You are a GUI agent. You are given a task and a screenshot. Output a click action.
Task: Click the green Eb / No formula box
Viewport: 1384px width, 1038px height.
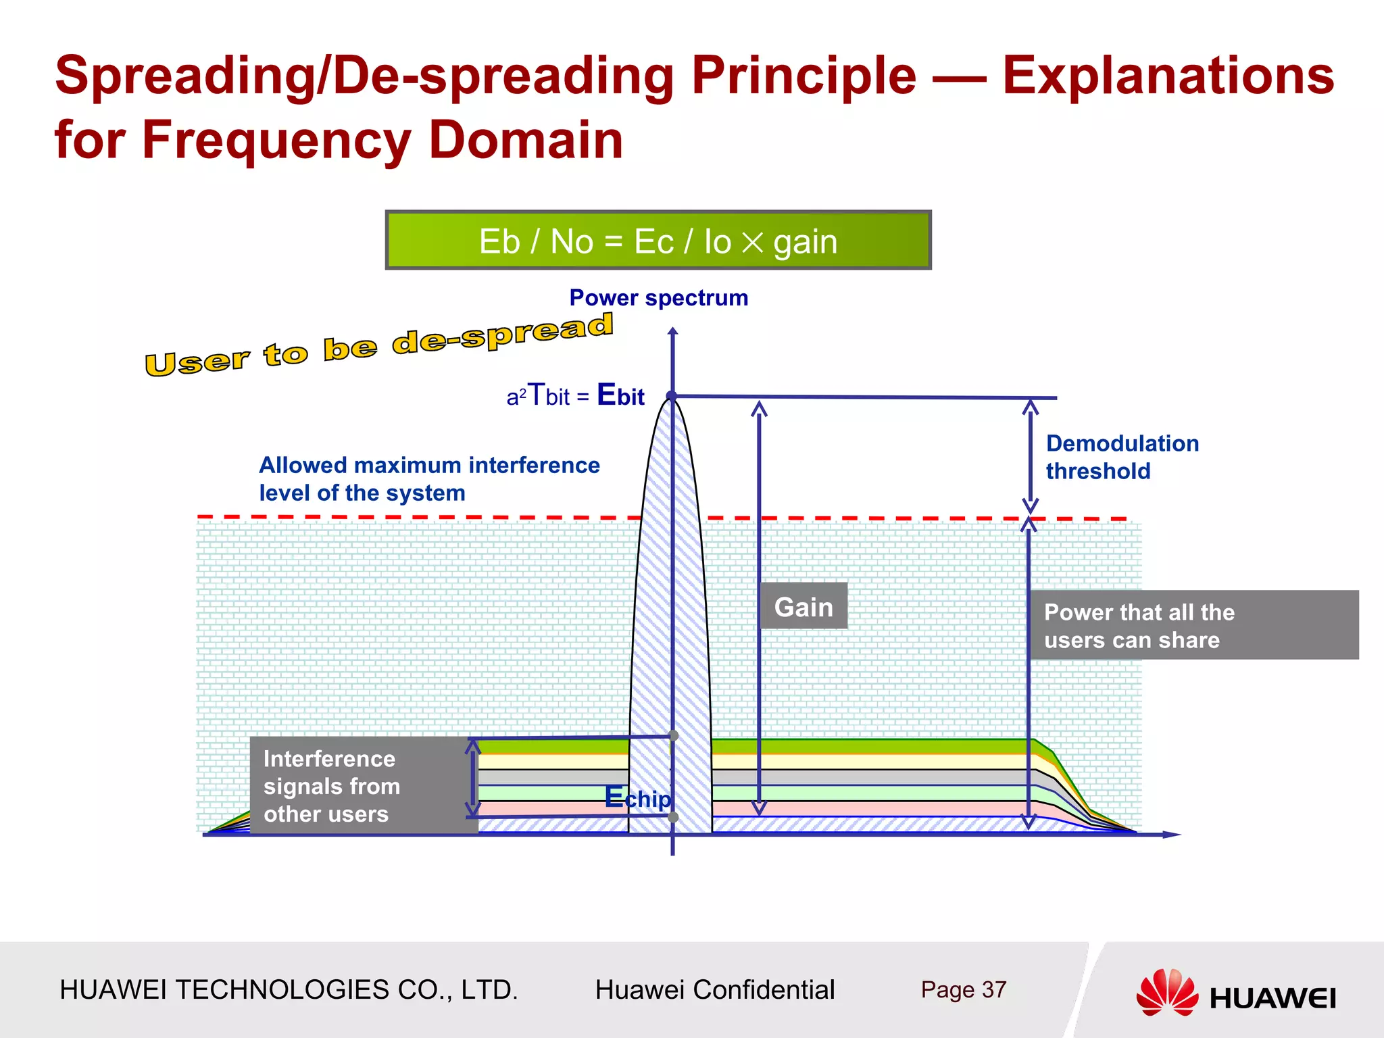point(658,241)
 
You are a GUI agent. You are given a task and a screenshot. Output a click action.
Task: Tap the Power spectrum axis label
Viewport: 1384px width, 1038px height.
point(658,298)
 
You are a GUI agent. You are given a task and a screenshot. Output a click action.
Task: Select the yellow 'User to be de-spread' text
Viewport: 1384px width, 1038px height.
point(379,344)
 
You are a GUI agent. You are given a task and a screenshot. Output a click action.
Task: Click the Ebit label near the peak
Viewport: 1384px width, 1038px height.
point(620,395)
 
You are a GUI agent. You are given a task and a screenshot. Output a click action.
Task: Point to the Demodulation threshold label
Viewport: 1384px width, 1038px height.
point(1122,457)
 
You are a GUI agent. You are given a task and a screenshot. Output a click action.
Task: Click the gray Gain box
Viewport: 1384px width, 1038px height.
point(803,606)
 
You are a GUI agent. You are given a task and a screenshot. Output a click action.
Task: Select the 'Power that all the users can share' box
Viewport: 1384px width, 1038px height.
point(1193,625)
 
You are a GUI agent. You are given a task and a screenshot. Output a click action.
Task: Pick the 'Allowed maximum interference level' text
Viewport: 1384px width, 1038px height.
point(429,478)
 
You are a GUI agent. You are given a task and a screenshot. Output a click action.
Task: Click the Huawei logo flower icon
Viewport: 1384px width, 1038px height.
point(1166,992)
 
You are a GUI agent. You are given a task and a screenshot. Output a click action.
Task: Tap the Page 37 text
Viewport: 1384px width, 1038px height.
point(963,990)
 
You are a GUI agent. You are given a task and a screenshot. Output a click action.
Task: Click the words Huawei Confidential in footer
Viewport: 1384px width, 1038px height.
point(714,990)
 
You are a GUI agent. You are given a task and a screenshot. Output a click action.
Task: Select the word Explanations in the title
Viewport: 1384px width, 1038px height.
point(1168,76)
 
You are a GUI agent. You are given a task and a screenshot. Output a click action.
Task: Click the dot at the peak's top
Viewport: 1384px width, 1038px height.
point(672,396)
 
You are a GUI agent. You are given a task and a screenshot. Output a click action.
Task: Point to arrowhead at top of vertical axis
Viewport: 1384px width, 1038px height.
point(672,332)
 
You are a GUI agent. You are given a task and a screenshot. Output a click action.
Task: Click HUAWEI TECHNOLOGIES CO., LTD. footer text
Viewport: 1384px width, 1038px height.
point(289,990)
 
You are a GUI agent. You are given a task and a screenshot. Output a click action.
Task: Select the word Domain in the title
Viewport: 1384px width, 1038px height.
point(525,140)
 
